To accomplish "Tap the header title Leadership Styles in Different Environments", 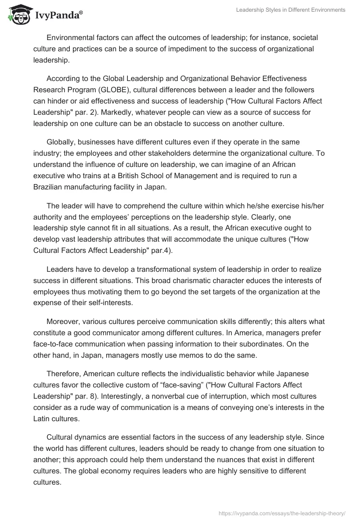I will click(x=291, y=10).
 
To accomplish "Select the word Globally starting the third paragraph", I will click(x=61, y=142).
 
